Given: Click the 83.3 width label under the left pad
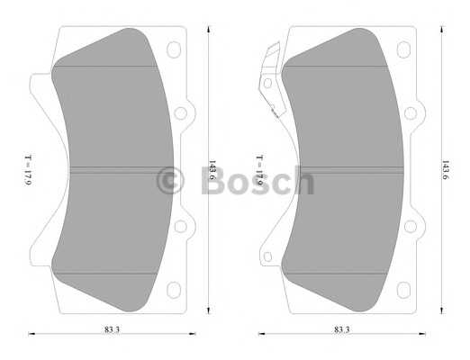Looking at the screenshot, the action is (x=112, y=329).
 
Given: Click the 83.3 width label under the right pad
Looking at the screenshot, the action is (x=342, y=329).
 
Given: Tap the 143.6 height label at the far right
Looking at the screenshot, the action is (x=445, y=170).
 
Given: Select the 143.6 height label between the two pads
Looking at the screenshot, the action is (x=212, y=170).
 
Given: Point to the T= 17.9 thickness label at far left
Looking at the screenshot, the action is (x=28, y=170).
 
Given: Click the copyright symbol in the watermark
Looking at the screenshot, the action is (x=170, y=181).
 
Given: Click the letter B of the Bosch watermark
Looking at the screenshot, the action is (x=213, y=180).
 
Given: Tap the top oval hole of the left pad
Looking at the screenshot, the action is (x=174, y=49).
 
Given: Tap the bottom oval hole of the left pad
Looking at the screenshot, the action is (x=174, y=290).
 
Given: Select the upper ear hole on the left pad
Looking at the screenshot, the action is (x=181, y=113).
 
